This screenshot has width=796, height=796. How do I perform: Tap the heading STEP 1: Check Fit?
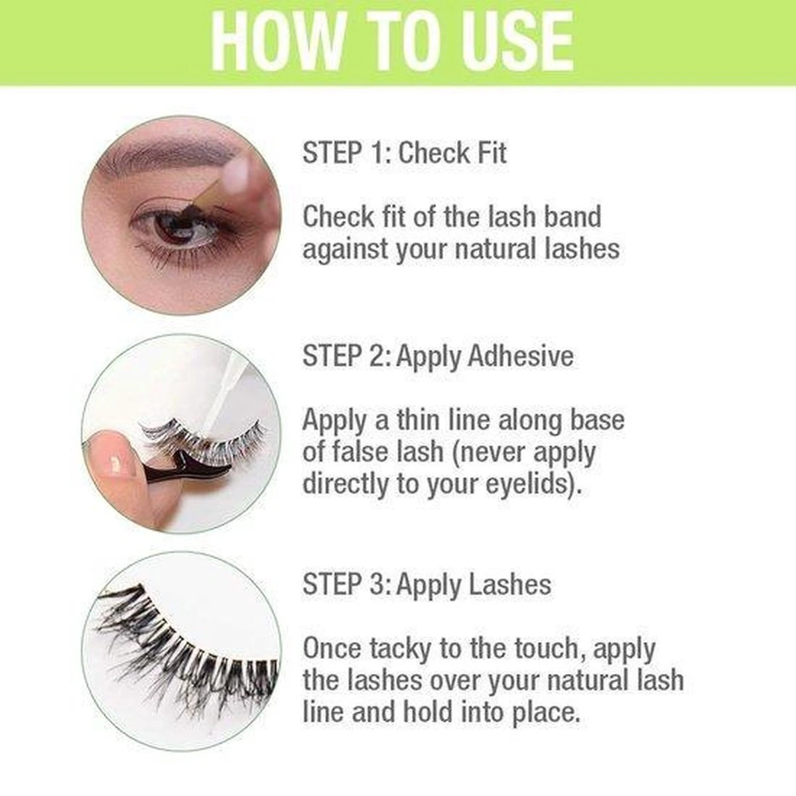(404, 153)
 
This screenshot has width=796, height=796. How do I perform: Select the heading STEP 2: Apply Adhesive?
(438, 356)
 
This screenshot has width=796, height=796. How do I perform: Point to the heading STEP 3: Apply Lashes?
(427, 585)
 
